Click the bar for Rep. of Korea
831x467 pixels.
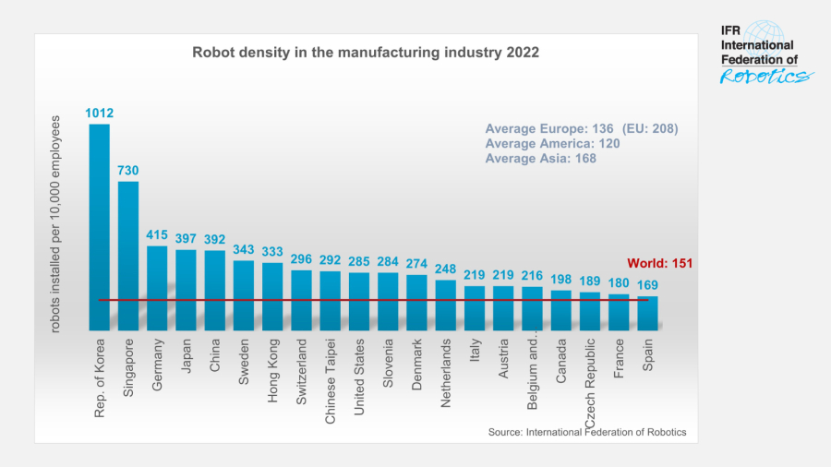(99, 226)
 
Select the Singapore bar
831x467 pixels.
(128, 255)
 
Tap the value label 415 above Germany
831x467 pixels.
(157, 235)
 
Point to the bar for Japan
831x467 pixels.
(186, 289)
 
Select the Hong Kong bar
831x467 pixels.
(272, 295)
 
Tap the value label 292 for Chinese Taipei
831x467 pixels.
(330, 260)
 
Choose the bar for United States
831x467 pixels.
(359, 301)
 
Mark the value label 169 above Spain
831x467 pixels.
(647, 285)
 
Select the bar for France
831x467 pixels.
(619, 312)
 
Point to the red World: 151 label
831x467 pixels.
(659, 263)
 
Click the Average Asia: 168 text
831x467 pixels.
(541, 159)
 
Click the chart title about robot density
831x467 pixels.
(366, 53)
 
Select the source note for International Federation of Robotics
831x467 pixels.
(586, 432)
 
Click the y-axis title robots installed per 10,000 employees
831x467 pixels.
(55, 224)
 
